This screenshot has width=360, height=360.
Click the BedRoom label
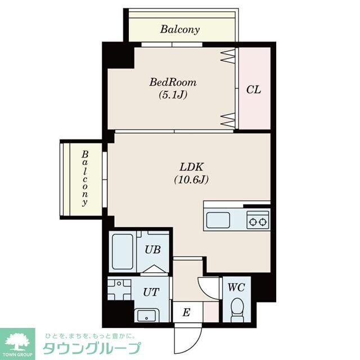pyautogui.click(x=173, y=83)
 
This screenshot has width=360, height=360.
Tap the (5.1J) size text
pyautogui.click(x=173, y=94)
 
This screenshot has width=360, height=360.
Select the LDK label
pyautogui.click(x=191, y=167)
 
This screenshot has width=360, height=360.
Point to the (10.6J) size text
pyautogui.click(x=191, y=179)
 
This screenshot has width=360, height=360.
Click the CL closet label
pyautogui.click(x=254, y=89)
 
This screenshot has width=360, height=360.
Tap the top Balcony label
pyautogui.click(x=180, y=30)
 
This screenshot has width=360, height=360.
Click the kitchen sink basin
pyautogui.click(x=218, y=220)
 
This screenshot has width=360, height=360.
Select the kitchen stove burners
pyautogui.click(x=258, y=222)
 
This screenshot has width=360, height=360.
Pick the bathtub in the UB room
pyautogui.click(x=123, y=251)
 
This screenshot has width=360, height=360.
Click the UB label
pyautogui.click(x=152, y=250)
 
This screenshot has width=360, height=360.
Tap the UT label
pyautogui.click(x=151, y=292)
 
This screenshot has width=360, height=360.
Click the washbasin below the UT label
pyautogui.click(x=147, y=316)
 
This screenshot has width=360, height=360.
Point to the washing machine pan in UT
pyautogui.click(x=119, y=290)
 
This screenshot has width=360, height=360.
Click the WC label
pyautogui.click(x=236, y=287)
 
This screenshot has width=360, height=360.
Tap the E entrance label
pyautogui.click(x=186, y=313)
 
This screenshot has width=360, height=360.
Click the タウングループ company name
pyautogui.click(x=92, y=348)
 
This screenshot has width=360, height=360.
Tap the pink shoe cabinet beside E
pyautogui.click(x=211, y=312)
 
